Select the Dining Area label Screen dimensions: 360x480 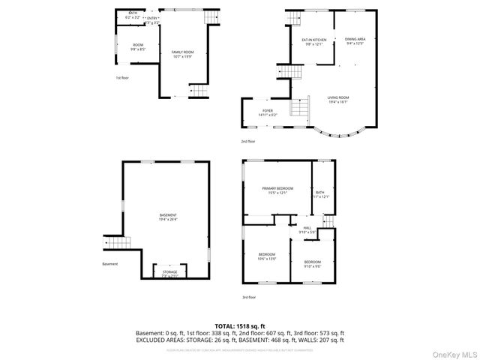(x=355, y=40)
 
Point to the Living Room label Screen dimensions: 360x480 (x=337, y=100)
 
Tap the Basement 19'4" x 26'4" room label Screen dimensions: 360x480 (x=167, y=217)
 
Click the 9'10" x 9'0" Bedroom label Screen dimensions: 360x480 (x=313, y=263)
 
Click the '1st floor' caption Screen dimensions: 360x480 (x=122, y=77)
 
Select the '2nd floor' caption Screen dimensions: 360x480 (x=247, y=141)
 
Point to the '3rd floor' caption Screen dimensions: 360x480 (x=249, y=297)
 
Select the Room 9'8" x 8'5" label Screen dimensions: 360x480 (x=138, y=47)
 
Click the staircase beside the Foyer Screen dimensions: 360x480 (x=300, y=109)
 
